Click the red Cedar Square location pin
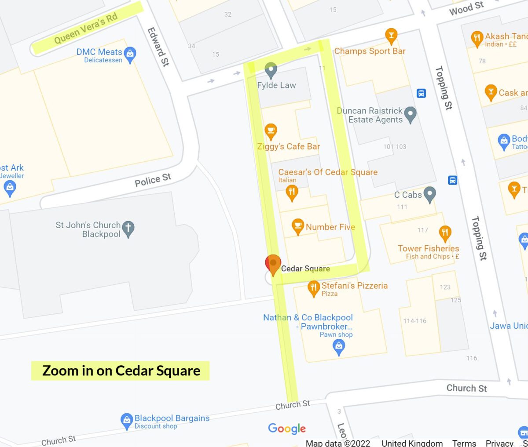(273, 264)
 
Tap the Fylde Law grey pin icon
(271, 69)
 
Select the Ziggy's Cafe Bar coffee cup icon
(271, 131)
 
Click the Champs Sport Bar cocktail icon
(391, 36)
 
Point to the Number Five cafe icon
(298, 226)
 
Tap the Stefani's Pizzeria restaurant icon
(313, 288)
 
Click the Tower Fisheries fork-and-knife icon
(445, 232)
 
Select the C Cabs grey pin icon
(430, 194)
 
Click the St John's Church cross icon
(128, 228)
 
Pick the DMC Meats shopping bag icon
(130, 55)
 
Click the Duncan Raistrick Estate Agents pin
(410, 114)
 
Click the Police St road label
(153, 180)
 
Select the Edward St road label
(158, 47)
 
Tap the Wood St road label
(466, 8)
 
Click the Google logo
(287, 429)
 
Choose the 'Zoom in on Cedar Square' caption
(121, 371)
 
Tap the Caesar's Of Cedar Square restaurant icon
(291, 192)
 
